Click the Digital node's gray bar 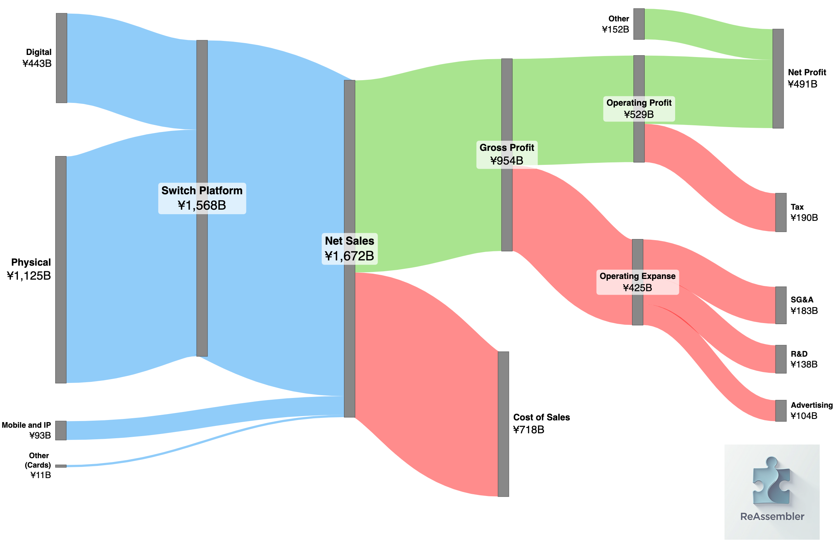(x=62, y=58)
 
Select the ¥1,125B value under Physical (x=29, y=276)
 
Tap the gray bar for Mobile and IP (x=61, y=430)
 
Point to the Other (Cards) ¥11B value (x=40, y=475)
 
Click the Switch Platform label (x=202, y=191)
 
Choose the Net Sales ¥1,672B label (x=349, y=249)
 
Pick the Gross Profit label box (x=506, y=154)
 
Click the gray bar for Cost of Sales (x=503, y=424)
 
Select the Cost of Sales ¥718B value (x=528, y=430)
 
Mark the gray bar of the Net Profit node (x=778, y=78)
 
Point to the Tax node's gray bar (x=781, y=212)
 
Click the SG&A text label (x=802, y=300)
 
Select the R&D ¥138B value (x=804, y=364)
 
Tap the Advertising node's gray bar (x=781, y=411)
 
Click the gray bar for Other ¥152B (x=639, y=24)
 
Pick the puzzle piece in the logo (x=771, y=480)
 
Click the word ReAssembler (x=772, y=517)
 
